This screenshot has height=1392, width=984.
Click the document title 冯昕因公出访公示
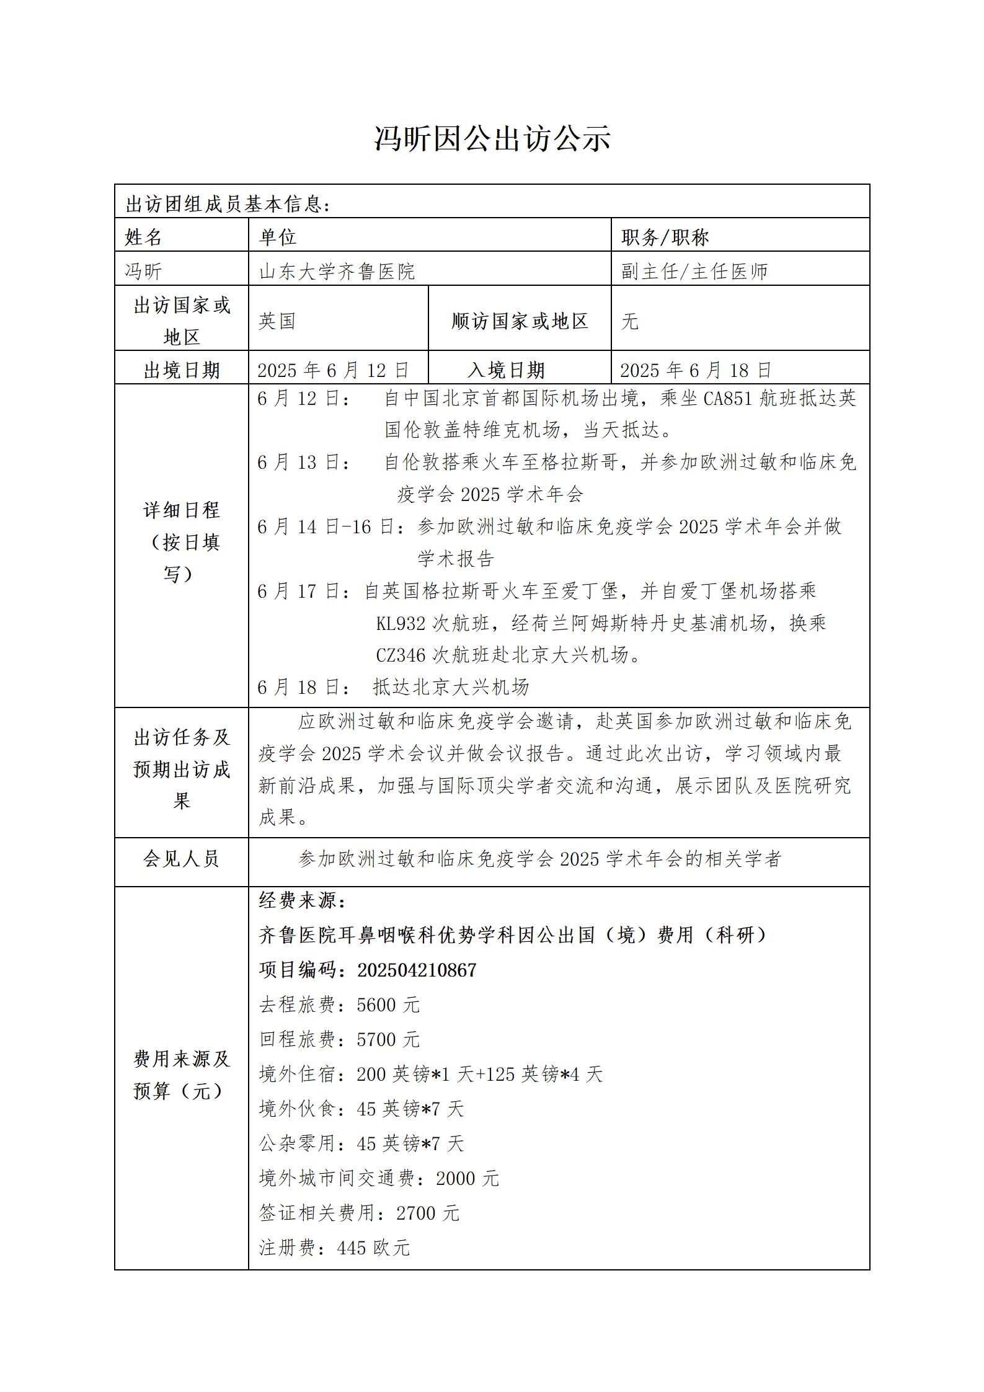(x=492, y=138)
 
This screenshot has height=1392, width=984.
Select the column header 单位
(x=278, y=237)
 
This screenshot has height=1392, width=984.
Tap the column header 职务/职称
(x=665, y=237)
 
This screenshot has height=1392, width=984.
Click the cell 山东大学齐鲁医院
(x=337, y=271)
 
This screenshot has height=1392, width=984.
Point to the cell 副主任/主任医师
(x=694, y=271)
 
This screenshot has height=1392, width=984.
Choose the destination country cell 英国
(x=277, y=321)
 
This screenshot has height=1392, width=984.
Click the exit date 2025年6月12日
(x=333, y=370)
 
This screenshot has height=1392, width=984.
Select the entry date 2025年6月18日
(x=696, y=370)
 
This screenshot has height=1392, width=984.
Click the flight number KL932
(x=401, y=623)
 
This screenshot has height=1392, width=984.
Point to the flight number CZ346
(x=401, y=655)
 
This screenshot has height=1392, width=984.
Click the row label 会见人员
(x=181, y=859)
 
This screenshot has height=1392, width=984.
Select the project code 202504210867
(x=417, y=970)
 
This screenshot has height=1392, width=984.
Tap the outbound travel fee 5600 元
(x=388, y=1005)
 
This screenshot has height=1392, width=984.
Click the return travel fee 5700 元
(x=388, y=1040)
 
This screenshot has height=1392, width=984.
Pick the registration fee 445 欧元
(x=373, y=1248)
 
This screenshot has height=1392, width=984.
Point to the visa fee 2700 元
(x=428, y=1213)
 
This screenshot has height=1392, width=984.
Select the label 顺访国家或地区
(x=520, y=321)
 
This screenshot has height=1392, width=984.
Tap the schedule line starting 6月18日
(x=393, y=687)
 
